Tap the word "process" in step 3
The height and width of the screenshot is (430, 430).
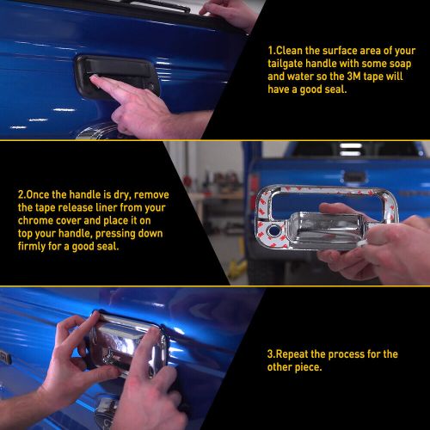(351, 354)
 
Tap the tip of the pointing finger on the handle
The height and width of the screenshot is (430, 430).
(94, 80)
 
